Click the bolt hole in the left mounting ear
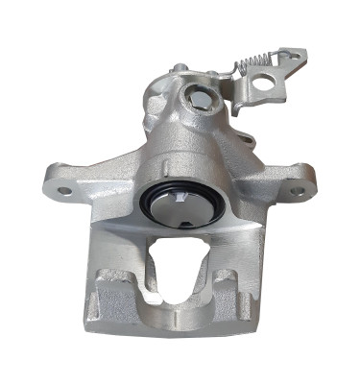[x=64, y=190]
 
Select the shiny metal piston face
[x=180, y=209]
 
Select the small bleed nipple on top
[x=179, y=69]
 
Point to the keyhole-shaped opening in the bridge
[x=180, y=264]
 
